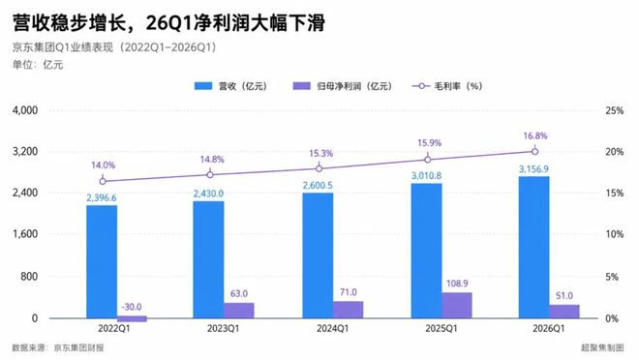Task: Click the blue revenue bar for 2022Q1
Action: click(x=102, y=261)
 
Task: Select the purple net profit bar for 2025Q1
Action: click(x=457, y=305)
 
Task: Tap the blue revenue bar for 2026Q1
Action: click(x=533, y=247)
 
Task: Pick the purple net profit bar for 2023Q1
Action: click(x=239, y=311)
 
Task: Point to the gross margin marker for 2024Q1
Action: click(x=319, y=168)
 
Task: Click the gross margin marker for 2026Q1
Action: click(x=534, y=152)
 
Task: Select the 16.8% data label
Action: click(x=535, y=136)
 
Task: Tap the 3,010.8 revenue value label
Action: click(x=426, y=176)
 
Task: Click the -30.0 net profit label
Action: click(x=132, y=307)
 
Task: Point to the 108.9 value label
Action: click(x=457, y=284)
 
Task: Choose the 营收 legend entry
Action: click(x=230, y=86)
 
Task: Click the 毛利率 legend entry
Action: click(x=447, y=86)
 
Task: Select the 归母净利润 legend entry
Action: click(x=343, y=86)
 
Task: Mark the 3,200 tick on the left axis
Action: click(x=25, y=152)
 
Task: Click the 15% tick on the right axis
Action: click(x=614, y=193)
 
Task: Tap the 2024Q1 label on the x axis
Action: click(x=332, y=329)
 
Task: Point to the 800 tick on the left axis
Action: click(x=29, y=277)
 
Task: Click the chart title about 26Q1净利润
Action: click(x=168, y=23)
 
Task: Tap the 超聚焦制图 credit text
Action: click(x=602, y=347)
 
